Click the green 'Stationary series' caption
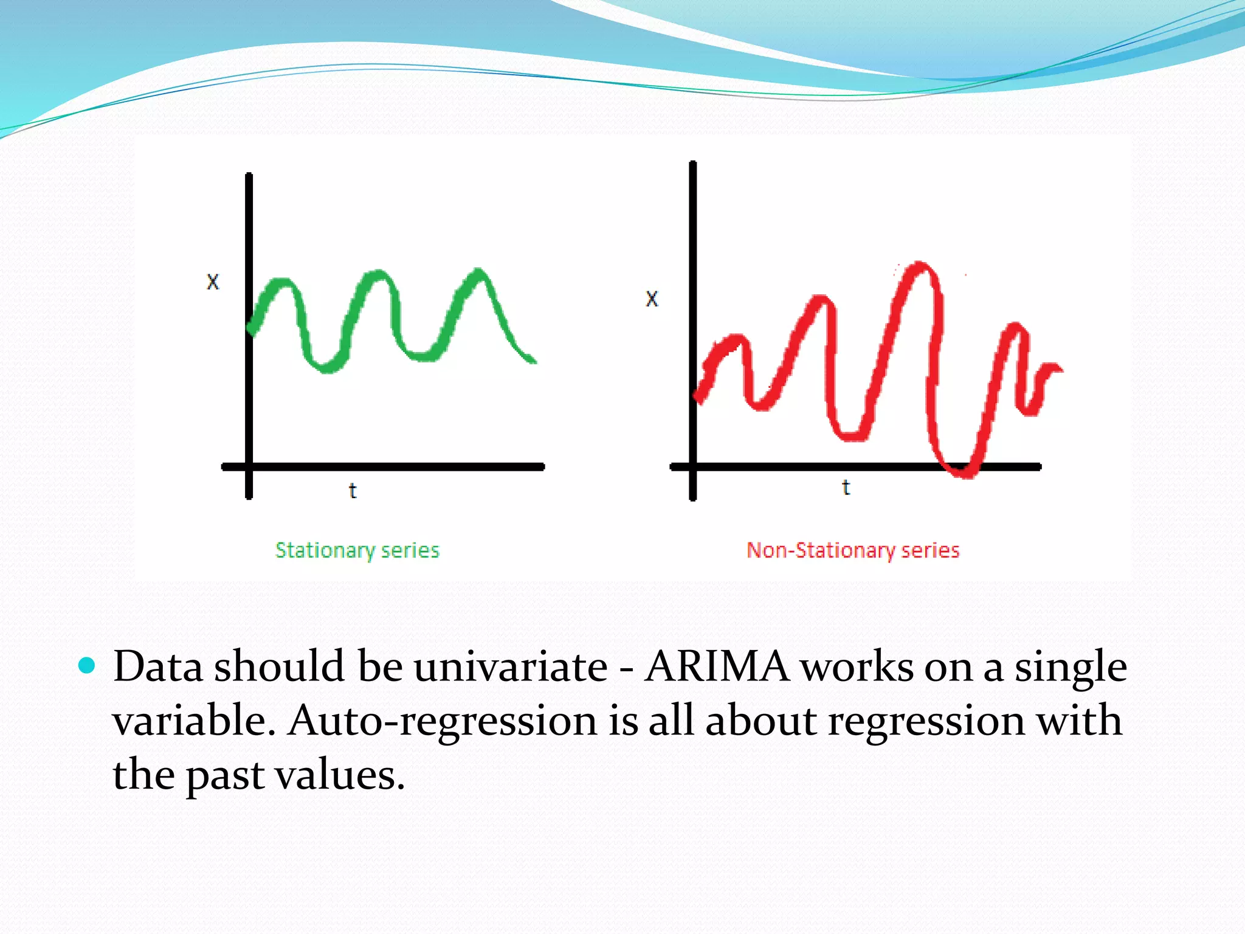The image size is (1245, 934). [x=357, y=550]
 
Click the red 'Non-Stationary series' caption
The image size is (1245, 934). [x=853, y=550]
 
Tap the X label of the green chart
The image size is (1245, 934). [x=213, y=282]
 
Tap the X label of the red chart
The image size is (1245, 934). [x=652, y=299]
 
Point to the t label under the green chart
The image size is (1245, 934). [x=353, y=490]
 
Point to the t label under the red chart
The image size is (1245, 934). [x=846, y=487]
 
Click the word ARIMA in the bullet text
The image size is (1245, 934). [x=717, y=667]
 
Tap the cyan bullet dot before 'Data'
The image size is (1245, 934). [x=88, y=666]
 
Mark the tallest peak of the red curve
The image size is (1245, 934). [x=920, y=266]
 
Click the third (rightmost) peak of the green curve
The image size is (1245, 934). [x=479, y=272]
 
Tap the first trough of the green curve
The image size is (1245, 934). [x=326, y=367]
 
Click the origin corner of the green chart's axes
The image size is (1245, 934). [x=249, y=467]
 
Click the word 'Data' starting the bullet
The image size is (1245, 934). [x=158, y=667]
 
